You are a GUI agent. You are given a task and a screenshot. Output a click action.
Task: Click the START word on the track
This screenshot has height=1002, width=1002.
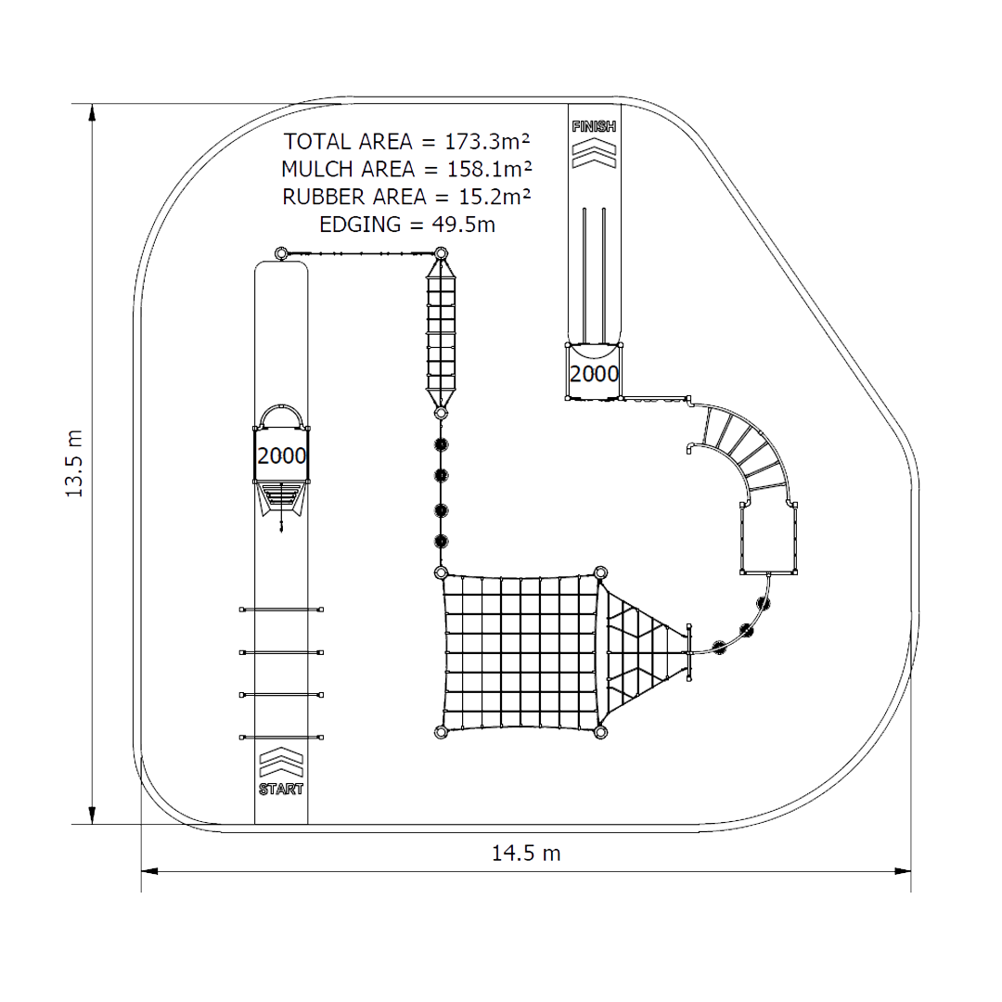(281, 790)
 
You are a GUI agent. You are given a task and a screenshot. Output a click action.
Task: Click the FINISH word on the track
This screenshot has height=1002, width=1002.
(595, 126)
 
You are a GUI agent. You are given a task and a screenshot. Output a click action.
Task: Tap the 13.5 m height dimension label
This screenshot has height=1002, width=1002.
(75, 464)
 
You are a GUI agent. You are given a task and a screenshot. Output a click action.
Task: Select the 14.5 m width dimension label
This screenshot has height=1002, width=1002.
(526, 854)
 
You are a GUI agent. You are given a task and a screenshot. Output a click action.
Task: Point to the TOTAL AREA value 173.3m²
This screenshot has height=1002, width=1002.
(488, 141)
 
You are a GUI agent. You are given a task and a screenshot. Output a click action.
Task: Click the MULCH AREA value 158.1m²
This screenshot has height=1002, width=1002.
(490, 169)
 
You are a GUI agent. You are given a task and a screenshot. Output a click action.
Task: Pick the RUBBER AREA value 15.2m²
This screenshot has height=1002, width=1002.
(495, 197)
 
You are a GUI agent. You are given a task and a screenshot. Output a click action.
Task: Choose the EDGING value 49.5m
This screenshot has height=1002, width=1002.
(463, 225)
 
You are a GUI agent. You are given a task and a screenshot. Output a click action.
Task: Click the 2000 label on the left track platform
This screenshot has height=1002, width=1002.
(282, 456)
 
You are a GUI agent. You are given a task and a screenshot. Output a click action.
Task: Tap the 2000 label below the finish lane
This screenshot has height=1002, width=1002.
(595, 374)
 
